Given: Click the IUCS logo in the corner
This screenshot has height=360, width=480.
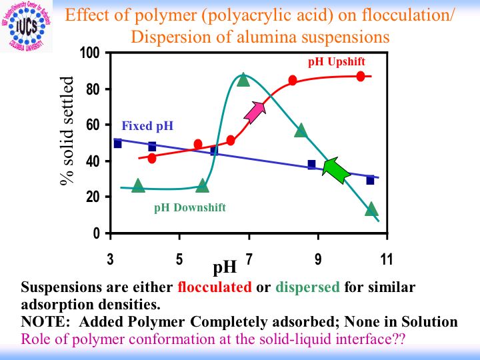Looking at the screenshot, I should click(26, 27).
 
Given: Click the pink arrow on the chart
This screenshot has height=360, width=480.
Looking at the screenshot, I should click(255, 112).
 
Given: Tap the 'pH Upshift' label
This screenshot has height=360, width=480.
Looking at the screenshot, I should click(337, 62).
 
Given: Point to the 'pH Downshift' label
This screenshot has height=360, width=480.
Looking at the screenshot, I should click(190, 207).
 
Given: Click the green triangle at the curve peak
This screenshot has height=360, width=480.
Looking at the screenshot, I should click(243, 80).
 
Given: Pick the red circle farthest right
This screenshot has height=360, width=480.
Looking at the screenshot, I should click(361, 77).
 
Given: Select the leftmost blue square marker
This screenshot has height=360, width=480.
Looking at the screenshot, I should click(118, 143).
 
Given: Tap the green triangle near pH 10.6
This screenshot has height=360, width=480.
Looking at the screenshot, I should click(371, 209).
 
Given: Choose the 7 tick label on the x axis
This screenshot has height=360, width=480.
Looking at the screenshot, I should click(249, 259).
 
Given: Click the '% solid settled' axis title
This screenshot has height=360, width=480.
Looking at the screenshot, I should click(71, 133).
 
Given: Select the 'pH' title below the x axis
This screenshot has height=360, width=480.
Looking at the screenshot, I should click(225, 268).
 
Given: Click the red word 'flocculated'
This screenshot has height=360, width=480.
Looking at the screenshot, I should click(215, 288).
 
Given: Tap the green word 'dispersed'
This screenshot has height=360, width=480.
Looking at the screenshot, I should click(307, 288).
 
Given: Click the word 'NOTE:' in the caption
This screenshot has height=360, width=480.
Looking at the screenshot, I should click(43, 322).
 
